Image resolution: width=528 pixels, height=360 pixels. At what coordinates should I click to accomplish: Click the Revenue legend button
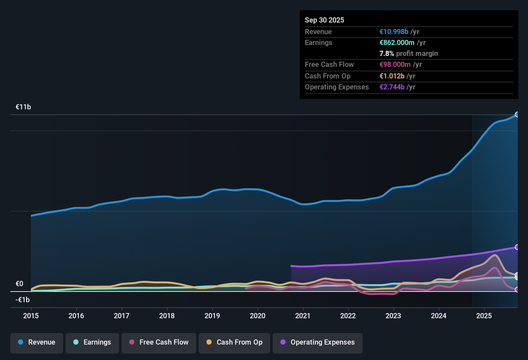37,342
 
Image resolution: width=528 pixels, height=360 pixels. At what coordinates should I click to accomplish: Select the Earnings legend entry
92,342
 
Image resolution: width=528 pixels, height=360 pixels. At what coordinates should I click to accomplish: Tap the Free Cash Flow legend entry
159,342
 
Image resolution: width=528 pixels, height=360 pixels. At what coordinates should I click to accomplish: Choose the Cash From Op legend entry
234,342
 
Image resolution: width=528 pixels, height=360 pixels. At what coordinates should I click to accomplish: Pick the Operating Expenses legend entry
318,342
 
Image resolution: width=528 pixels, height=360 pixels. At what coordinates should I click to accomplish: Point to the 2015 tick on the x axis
31,316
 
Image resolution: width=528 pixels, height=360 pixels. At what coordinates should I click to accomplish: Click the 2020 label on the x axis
258,316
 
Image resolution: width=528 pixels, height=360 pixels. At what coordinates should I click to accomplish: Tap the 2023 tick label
393,316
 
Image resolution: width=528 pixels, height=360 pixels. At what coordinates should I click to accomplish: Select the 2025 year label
484,316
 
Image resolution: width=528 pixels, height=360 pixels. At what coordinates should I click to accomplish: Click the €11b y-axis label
23,107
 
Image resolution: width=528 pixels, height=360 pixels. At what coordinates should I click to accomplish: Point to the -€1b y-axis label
23,300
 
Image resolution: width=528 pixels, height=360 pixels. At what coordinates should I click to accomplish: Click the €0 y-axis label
19,284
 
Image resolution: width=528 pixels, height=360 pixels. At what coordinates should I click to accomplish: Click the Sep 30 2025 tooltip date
324,20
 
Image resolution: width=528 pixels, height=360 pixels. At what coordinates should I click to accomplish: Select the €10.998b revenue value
394,32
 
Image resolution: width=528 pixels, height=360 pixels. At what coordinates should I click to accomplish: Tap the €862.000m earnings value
397,43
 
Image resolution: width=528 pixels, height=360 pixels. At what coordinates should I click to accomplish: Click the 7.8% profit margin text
409,54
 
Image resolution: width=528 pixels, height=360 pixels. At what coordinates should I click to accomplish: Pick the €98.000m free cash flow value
395,65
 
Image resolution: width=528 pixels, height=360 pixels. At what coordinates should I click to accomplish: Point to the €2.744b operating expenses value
392,87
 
